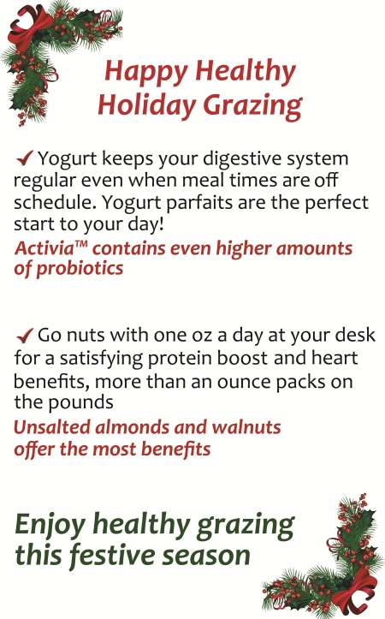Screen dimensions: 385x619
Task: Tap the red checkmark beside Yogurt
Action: point(25,158)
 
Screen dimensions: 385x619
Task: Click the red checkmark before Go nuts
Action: point(25,336)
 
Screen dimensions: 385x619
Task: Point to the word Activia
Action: point(44,248)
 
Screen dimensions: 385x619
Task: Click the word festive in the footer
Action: point(112,555)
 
